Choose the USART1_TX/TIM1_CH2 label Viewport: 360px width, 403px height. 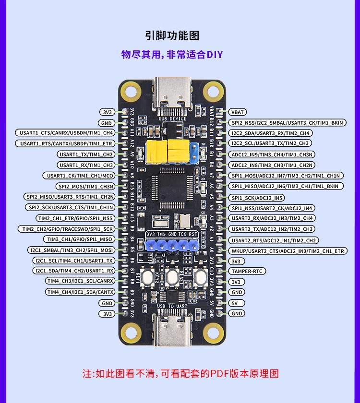(x=86, y=154)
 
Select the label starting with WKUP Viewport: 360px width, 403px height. (x=287, y=251)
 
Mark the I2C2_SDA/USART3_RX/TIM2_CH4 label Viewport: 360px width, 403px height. (x=270, y=133)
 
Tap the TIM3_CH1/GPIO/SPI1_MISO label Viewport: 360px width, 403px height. (x=79, y=239)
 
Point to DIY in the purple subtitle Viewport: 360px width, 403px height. (x=215, y=54)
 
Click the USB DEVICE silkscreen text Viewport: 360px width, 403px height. (x=172, y=119)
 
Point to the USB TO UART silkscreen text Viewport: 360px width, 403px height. (x=171, y=305)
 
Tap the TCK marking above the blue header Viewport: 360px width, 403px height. (x=182, y=234)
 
